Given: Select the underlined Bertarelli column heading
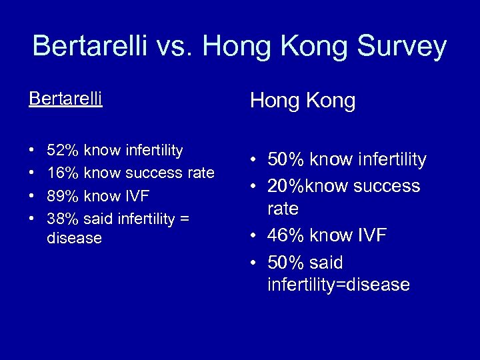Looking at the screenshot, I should [x=65, y=99].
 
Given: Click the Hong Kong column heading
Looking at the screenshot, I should [x=303, y=101].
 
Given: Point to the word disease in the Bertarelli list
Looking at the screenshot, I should [x=75, y=238].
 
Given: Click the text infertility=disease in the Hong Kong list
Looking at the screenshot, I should [x=339, y=285].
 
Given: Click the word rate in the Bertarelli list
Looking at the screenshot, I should [x=199, y=173].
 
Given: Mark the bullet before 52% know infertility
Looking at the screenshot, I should [x=33, y=151].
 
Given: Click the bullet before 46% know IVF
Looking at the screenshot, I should [x=254, y=235].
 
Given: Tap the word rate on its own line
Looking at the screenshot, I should [x=283, y=209].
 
